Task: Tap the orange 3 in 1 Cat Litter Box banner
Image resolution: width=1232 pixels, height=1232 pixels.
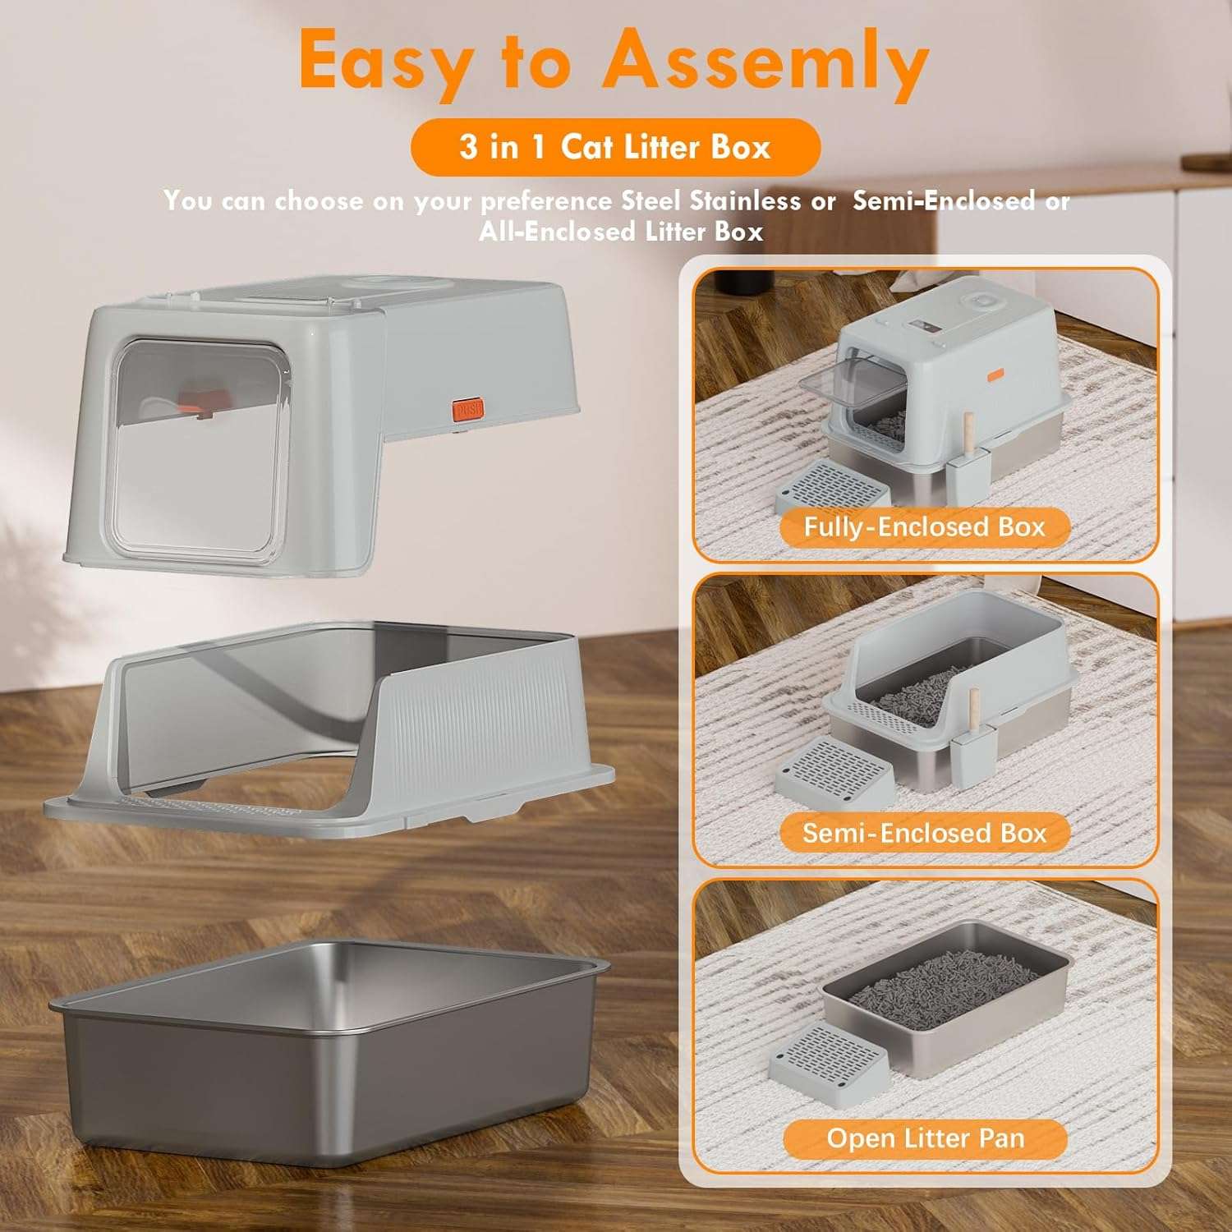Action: (615, 148)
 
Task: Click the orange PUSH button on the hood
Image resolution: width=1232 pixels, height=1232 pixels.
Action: (467, 409)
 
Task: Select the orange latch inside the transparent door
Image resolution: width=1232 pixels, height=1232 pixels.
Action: (200, 402)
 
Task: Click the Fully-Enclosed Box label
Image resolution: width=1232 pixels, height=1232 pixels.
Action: (924, 526)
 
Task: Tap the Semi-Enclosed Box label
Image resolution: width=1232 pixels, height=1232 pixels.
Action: (924, 833)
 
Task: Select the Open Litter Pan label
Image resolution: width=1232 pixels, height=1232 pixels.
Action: (926, 1138)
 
